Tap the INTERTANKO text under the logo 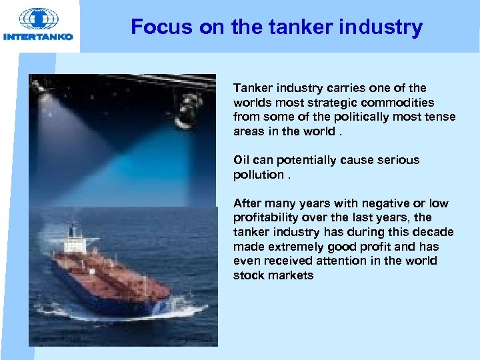click(38, 37)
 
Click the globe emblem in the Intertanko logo click(38, 19)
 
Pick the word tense click(441, 117)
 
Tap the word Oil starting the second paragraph click(241, 160)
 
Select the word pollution click(259, 175)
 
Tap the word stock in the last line click(248, 275)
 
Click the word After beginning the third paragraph click(247, 203)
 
